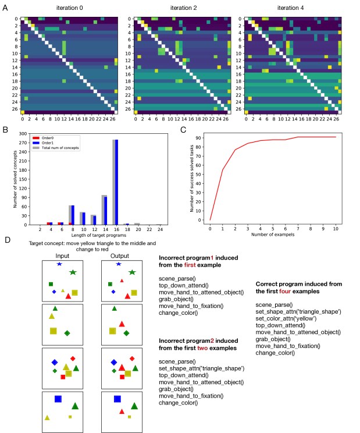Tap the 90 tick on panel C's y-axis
(x=199, y=137)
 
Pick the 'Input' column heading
(x=63, y=255)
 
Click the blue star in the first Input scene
(x=59, y=264)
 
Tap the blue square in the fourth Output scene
(x=117, y=399)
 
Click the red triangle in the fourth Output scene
(x=122, y=412)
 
